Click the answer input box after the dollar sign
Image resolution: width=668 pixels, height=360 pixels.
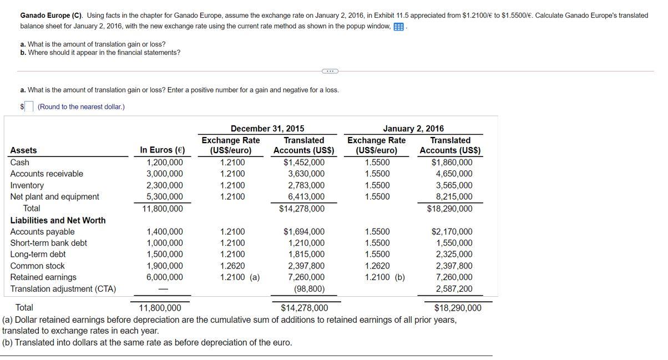29,106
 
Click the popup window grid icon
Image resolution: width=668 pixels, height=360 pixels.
398,27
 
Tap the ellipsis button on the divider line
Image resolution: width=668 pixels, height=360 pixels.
330,71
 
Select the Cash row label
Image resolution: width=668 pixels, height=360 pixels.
20,163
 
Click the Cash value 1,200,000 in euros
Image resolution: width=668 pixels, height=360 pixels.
164,163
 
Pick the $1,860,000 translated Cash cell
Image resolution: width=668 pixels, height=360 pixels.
452,163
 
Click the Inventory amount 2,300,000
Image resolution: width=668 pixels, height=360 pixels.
164,185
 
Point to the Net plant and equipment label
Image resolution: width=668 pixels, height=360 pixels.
55,196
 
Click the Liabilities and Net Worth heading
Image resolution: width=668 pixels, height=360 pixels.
58,220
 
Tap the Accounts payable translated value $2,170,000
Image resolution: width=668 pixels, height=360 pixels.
452,232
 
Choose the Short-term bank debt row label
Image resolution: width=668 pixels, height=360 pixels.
49,243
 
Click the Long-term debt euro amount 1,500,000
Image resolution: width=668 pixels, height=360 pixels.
164,255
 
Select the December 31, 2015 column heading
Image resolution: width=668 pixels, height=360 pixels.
267,129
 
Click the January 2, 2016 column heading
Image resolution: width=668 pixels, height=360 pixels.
413,129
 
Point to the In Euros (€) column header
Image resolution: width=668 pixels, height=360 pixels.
163,150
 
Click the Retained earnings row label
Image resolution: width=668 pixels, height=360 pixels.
43,277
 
